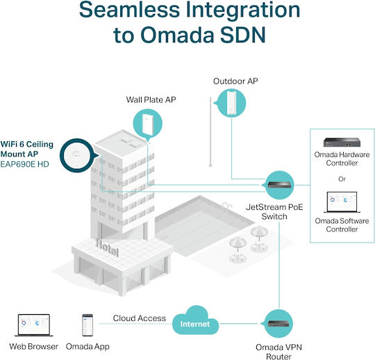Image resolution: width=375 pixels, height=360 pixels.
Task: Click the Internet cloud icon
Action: pos(195,321)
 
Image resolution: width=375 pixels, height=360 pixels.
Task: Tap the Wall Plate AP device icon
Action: pos(148,124)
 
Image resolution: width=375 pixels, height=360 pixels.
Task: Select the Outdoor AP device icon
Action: pos(231,103)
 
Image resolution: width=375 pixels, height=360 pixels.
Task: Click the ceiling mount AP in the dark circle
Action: pos(77,156)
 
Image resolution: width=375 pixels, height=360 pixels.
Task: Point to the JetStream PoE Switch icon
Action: pos(280,185)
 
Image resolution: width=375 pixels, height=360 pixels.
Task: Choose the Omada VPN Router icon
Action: pos(278,324)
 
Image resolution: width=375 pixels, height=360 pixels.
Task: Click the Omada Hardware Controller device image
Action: pos(342,142)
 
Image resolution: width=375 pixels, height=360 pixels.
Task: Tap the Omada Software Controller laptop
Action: pos(342,202)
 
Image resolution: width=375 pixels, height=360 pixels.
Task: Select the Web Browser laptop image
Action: pos(34,325)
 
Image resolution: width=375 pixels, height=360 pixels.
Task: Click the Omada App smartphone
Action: pos(87,325)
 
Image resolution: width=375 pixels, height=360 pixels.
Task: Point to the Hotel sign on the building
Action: pos(107,247)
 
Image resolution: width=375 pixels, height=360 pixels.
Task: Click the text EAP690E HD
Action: pos(24,164)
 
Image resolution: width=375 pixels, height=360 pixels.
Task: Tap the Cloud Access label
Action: pos(140,318)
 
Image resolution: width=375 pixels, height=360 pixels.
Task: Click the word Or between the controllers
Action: pos(342,179)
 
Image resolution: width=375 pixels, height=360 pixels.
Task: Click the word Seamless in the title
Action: pos(129,10)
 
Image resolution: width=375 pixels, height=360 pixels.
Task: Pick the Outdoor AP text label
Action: pos(235,81)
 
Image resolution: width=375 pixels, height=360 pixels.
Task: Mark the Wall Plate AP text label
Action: pos(151,99)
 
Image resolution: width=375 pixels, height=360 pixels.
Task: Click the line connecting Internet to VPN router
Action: pos(239,324)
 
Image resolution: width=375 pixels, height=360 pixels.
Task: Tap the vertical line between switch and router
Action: pos(279,265)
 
